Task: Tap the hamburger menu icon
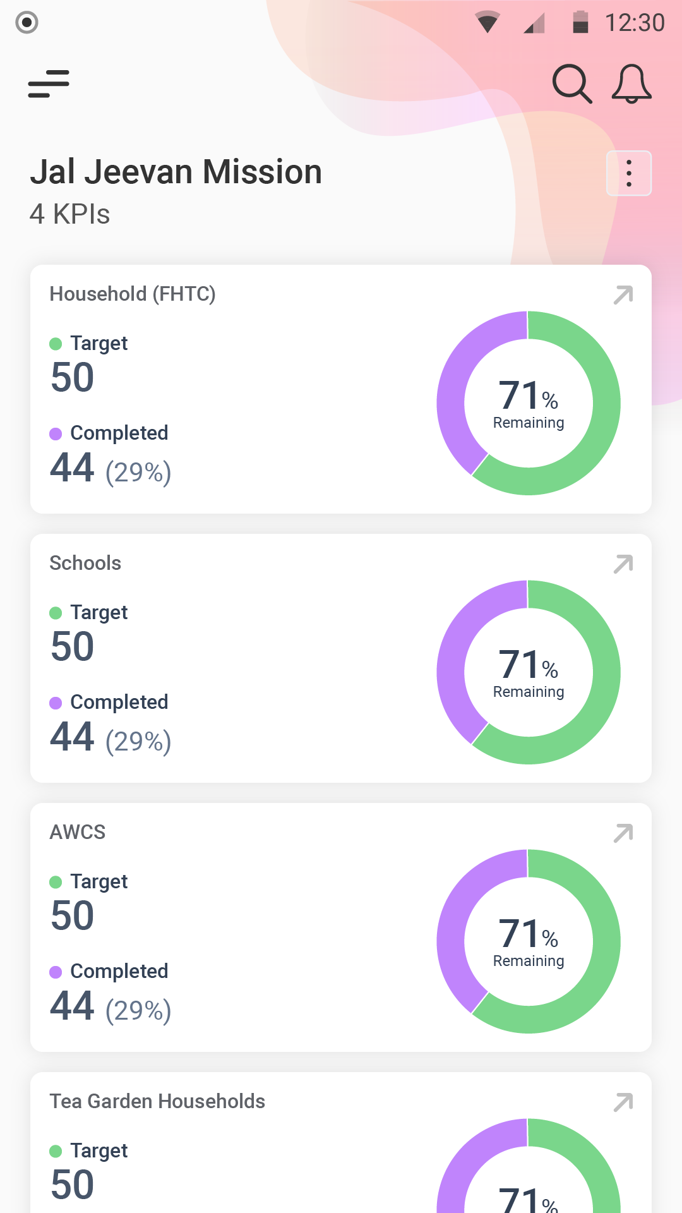[x=49, y=84]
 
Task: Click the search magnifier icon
[x=571, y=83]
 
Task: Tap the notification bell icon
[x=631, y=83]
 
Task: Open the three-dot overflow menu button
[x=629, y=173]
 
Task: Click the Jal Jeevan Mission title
[x=176, y=172]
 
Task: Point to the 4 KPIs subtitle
[x=69, y=214]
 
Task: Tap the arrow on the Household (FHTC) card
[x=623, y=295]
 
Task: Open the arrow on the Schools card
[x=623, y=564]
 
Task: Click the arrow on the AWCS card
[x=623, y=833]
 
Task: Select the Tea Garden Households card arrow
[x=623, y=1102]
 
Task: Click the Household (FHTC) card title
[x=133, y=294]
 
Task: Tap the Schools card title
[x=85, y=563]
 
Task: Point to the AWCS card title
[x=78, y=832]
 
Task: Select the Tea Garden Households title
[x=157, y=1101]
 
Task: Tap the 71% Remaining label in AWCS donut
[x=529, y=941]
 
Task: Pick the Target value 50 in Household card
[x=73, y=377]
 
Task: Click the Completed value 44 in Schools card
[x=73, y=737]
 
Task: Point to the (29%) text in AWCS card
[x=138, y=1010]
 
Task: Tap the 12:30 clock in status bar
[x=635, y=23]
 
